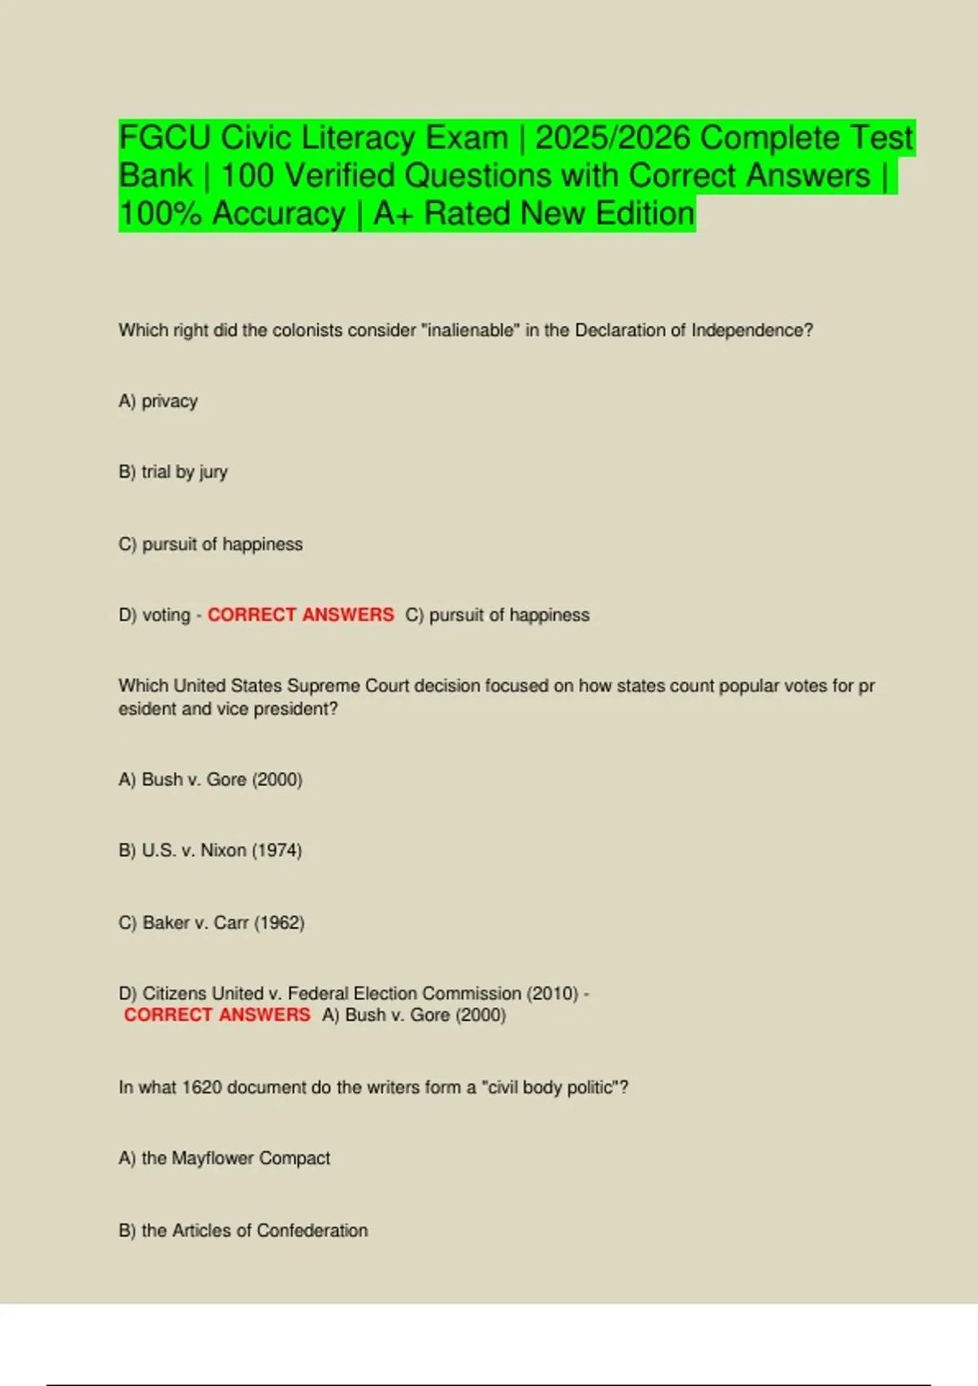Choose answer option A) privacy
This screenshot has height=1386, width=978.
(x=158, y=401)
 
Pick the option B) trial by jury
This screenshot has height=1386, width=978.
(x=173, y=472)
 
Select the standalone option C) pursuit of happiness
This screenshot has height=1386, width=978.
(x=210, y=544)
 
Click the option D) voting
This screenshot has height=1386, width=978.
(x=154, y=615)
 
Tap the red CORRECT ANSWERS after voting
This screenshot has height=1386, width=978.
(x=300, y=615)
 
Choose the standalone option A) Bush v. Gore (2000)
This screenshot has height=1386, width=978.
(x=210, y=779)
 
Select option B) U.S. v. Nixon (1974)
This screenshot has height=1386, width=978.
(x=210, y=850)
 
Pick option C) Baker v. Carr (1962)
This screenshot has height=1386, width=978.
(x=211, y=922)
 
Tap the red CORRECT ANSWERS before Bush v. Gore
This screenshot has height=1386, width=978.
(x=217, y=1015)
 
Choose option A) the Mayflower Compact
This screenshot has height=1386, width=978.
(x=224, y=1159)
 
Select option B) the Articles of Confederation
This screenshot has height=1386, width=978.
(x=243, y=1230)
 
